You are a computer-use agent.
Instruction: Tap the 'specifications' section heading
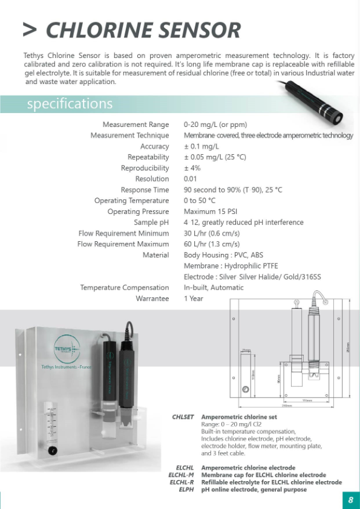[x=70, y=104]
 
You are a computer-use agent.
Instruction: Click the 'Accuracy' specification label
[x=154, y=146]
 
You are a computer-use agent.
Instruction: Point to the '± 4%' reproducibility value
[x=192, y=168]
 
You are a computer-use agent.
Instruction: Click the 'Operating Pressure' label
[x=138, y=212]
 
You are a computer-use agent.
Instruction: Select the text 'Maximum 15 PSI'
[x=209, y=212]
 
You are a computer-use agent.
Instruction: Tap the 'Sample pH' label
[x=151, y=222]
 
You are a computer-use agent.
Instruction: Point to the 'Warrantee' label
[x=152, y=299]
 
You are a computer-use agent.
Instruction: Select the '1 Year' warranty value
[x=194, y=299]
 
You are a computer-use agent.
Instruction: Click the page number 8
[x=350, y=499]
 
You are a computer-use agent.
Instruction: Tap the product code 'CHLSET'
[x=183, y=417]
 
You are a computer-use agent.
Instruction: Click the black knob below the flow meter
[x=53, y=451]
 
